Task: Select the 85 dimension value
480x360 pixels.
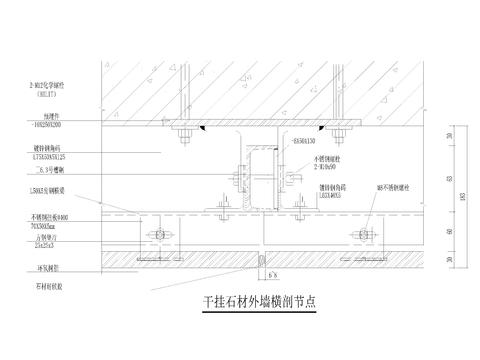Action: [x=451, y=180]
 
